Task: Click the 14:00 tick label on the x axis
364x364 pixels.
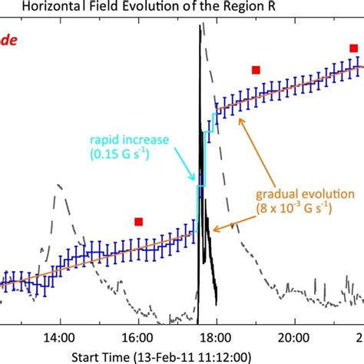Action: (x=59, y=336)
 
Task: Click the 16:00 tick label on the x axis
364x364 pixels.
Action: (x=137, y=336)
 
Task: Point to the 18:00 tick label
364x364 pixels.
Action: (x=214, y=336)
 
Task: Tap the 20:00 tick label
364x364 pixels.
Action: (x=292, y=336)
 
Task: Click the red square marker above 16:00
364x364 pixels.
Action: (x=138, y=222)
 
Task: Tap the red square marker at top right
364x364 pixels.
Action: (x=353, y=48)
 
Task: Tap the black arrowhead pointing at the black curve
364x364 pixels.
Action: (x=216, y=227)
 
